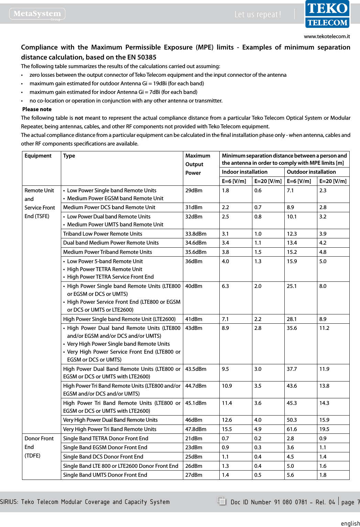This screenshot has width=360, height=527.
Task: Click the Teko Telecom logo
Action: click(x=327, y=14)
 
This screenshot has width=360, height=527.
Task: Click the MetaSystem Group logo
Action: click(x=37, y=14)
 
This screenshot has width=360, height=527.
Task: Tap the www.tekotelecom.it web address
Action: click(x=327, y=36)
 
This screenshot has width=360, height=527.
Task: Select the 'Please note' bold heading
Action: click(x=37, y=109)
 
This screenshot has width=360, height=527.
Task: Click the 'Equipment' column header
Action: click(x=38, y=156)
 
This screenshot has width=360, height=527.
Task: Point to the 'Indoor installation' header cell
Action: click(x=244, y=172)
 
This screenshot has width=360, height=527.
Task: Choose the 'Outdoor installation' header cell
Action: click(x=311, y=172)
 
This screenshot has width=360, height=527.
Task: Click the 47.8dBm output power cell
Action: click(x=196, y=429)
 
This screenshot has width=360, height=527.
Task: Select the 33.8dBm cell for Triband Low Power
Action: click(x=196, y=234)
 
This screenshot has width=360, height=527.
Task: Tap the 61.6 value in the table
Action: click(x=292, y=429)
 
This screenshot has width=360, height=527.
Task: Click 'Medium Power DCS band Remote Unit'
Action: click(x=109, y=207)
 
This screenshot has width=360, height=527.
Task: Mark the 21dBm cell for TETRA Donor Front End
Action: click(x=194, y=439)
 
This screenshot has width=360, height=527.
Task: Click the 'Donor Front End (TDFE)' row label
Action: click(x=39, y=447)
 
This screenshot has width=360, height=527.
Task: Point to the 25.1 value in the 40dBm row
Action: click(x=292, y=286)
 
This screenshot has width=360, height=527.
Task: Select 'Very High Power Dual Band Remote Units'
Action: click(x=110, y=420)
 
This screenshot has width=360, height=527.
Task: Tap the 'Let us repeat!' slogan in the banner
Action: click(x=258, y=14)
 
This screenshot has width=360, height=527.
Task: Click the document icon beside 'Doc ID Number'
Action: click(x=221, y=501)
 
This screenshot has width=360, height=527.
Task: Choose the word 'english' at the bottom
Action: click(x=350, y=523)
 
